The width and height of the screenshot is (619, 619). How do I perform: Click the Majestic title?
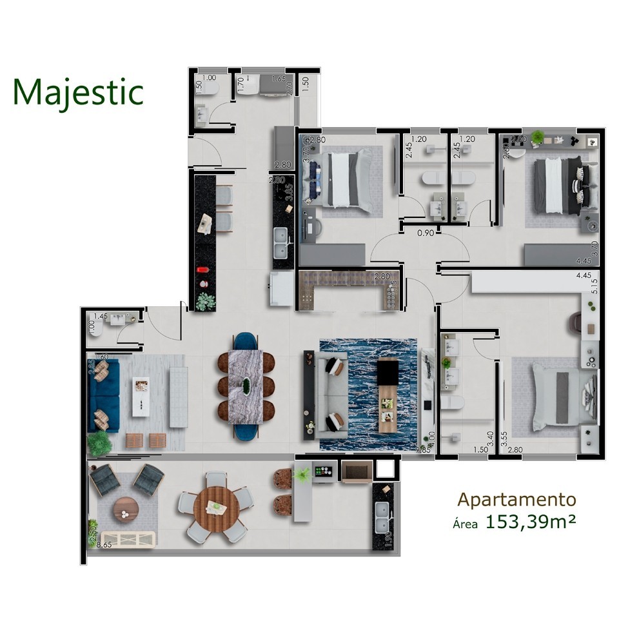(77, 92)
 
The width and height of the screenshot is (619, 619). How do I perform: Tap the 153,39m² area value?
(531, 522)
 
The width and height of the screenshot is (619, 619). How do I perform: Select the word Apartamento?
(516, 499)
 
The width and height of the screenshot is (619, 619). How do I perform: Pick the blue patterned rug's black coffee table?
(388, 373)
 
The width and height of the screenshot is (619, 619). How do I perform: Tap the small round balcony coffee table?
(125, 510)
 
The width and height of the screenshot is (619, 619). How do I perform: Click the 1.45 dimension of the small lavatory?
(100, 316)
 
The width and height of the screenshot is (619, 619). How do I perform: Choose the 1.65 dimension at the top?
(278, 79)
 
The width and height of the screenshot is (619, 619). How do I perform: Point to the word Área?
(465, 524)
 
